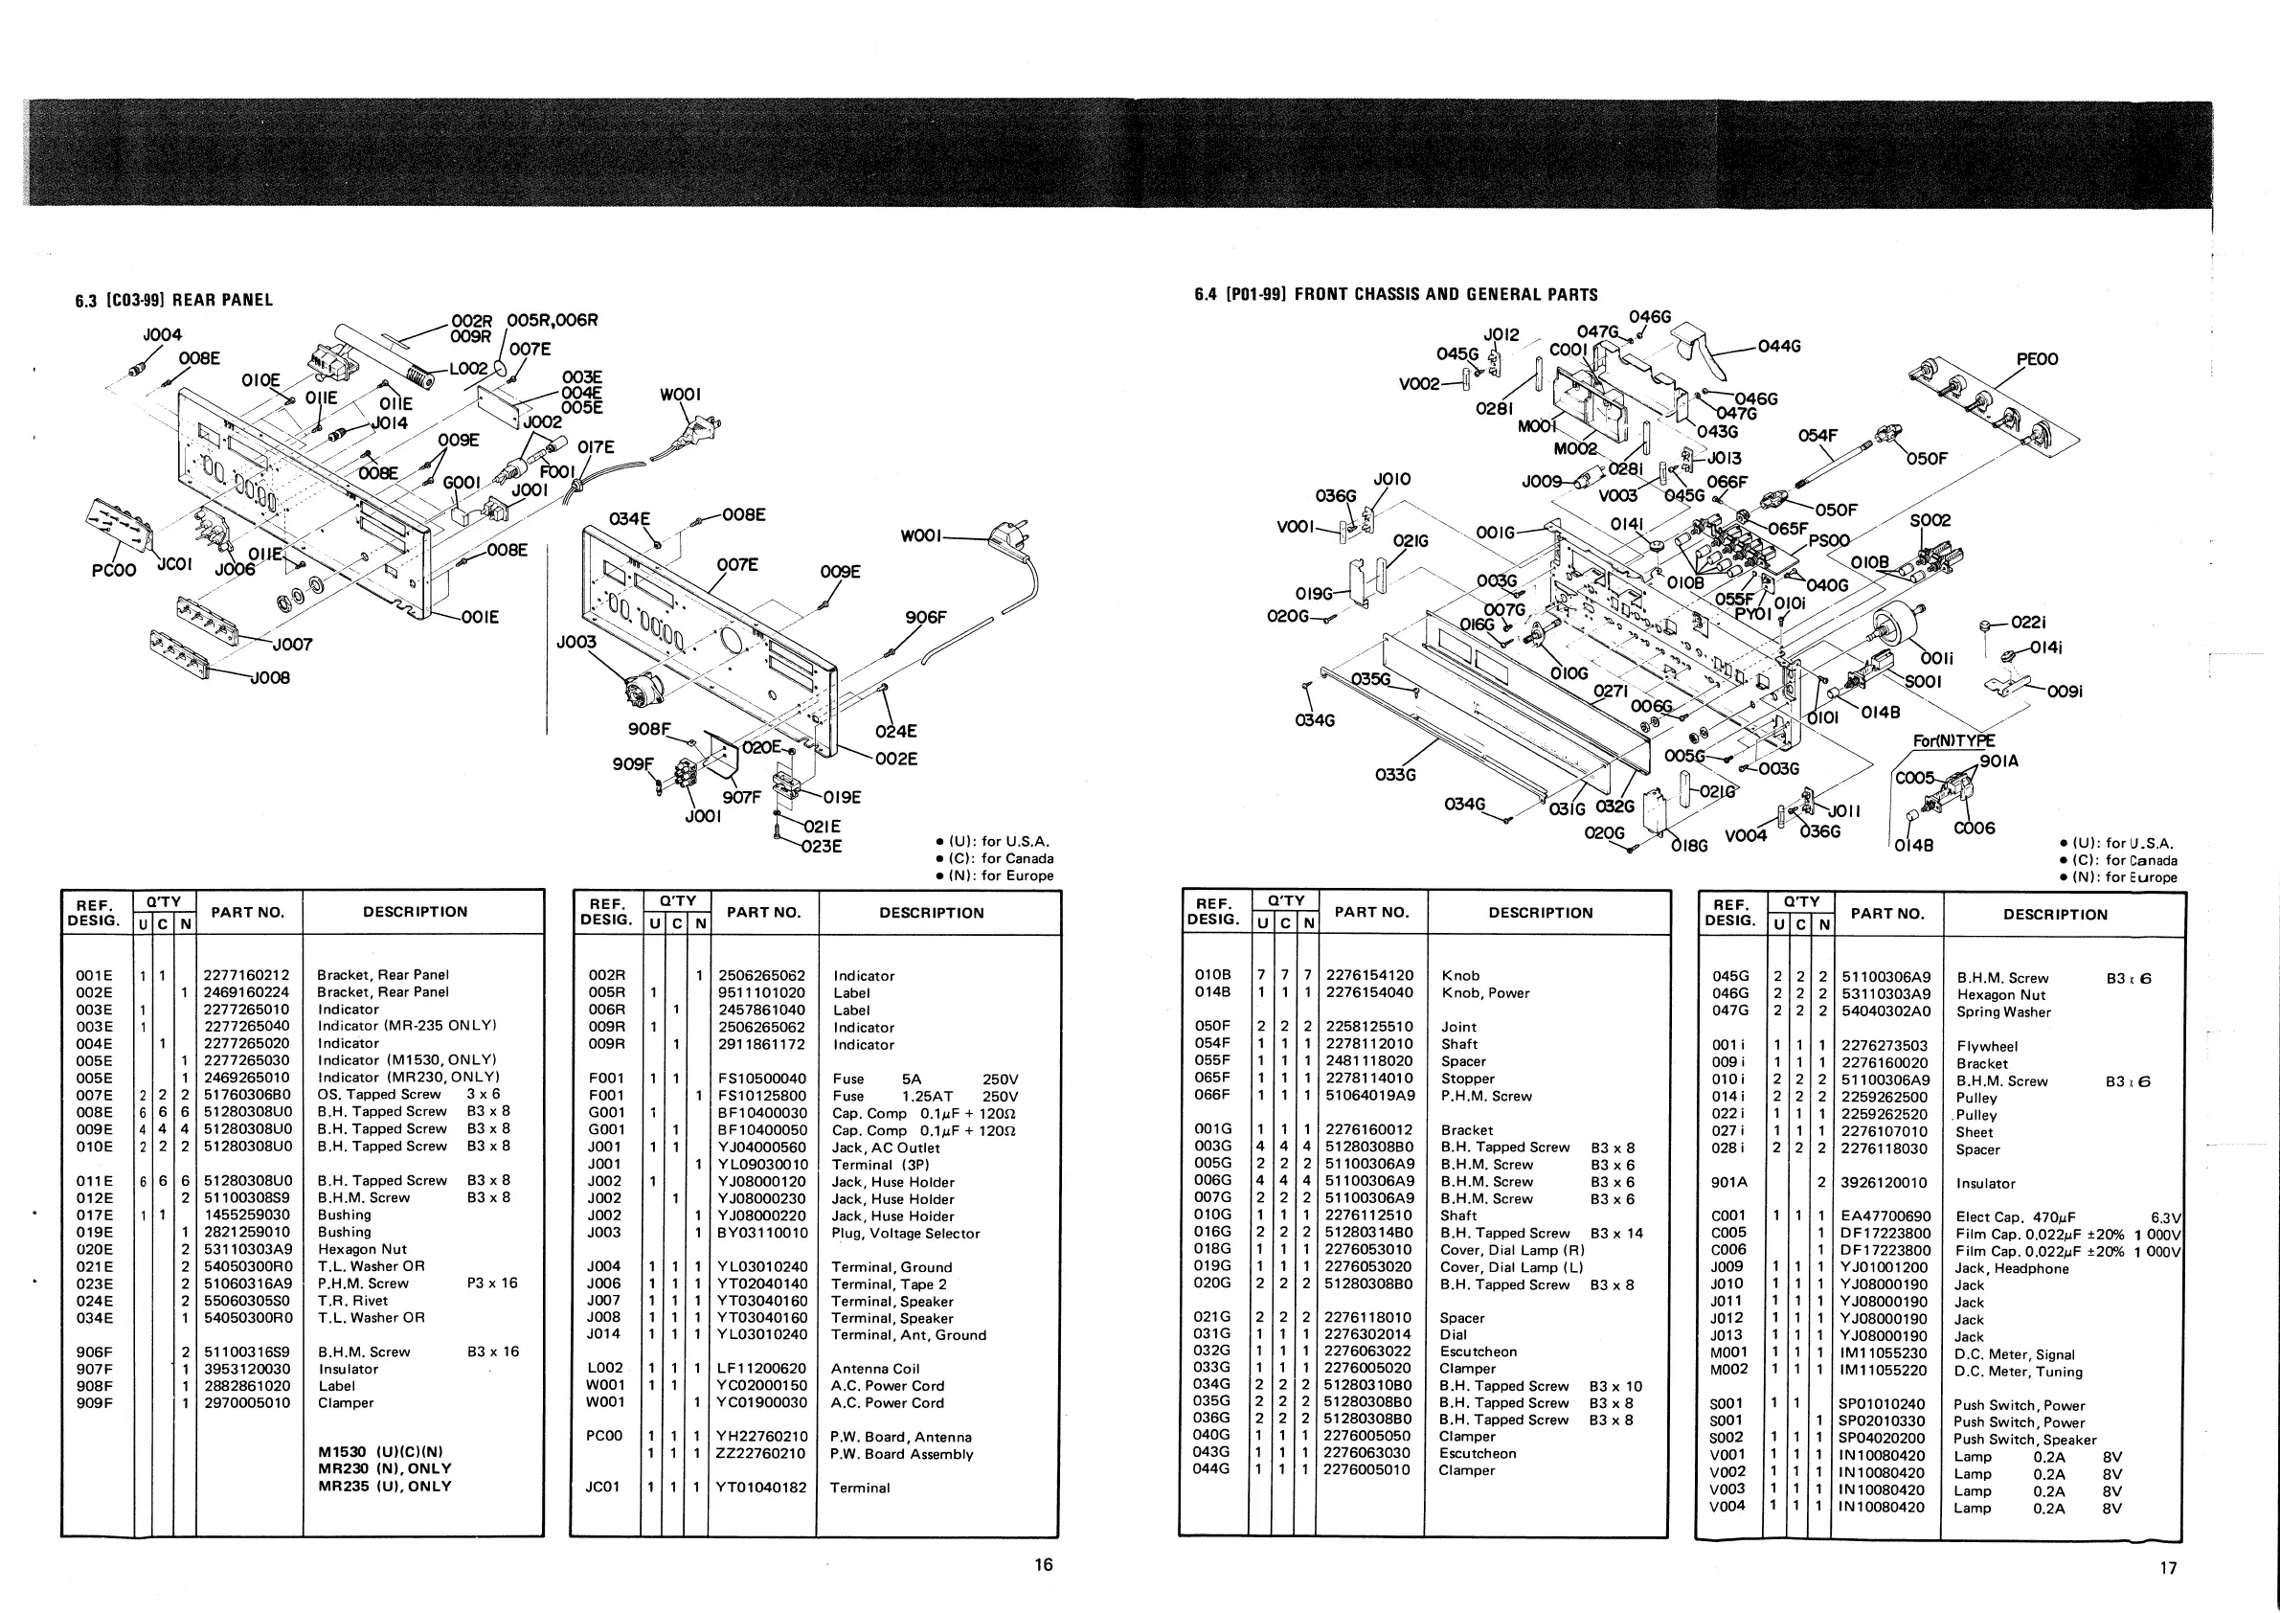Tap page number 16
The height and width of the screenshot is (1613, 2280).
(x=1043, y=1564)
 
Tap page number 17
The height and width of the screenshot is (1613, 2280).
(x=2168, y=1567)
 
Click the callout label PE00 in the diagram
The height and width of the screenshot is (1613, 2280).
(x=2037, y=359)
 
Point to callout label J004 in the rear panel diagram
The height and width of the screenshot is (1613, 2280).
(x=162, y=334)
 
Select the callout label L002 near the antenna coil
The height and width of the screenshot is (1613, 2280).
(x=468, y=369)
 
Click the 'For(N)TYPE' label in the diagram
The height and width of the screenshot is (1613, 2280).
(x=1953, y=741)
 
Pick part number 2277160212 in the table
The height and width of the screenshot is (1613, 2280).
(x=246, y=974)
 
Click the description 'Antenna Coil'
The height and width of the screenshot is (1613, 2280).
(x=875, y=1369)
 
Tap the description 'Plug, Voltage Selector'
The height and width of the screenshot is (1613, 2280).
(x=906, y=1234)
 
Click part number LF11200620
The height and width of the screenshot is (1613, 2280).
(x=761, y=1369)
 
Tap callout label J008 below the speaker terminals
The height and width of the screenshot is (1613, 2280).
(x=269, y=678)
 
